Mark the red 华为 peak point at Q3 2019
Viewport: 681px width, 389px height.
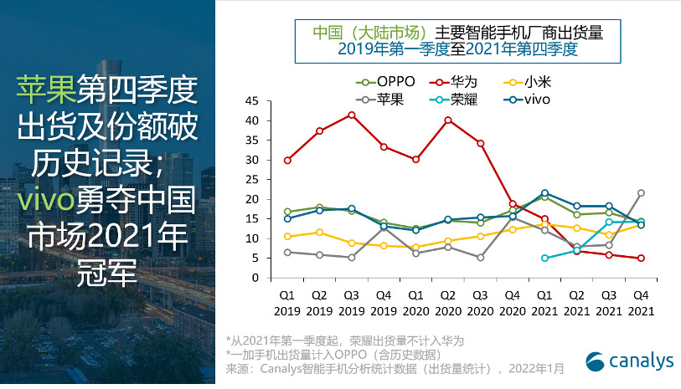[352, 115]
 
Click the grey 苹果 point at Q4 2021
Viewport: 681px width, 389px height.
[641, 193]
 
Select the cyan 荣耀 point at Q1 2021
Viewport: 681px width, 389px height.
[544, 258]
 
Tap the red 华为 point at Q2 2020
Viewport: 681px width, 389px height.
[448, 120]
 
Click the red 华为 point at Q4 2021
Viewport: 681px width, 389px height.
[641, 258]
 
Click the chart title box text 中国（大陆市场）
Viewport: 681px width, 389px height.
[361, 33]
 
